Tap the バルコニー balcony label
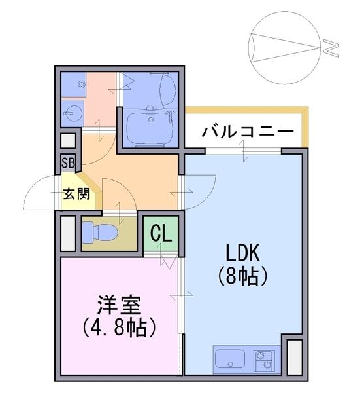click(x=248, y=132)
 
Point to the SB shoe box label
click(x=68, y=163)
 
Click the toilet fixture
click(x=100, y=233)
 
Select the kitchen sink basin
click(x=230, y=358)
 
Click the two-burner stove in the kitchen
click(x=264, y=361)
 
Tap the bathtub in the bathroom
click(x=150, y=128)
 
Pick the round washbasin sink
click(x=73, y=113)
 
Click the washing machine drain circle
click(x=82, y=84)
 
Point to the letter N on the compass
click(x=331, y=48)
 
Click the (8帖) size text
click(x=243, y=276)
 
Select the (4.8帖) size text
click(x=119, y=327)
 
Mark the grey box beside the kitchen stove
click(x=294, y=357)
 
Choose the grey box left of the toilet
click(x=68, y=233)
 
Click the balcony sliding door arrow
click(x=244, y=151)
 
